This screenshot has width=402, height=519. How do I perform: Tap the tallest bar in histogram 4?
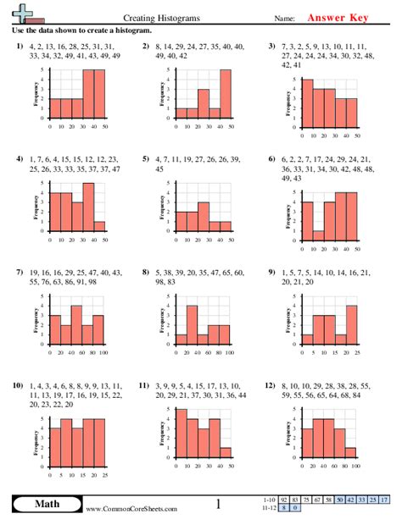tap(88, 208)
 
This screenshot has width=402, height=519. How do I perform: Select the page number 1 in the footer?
tap(218, 505)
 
